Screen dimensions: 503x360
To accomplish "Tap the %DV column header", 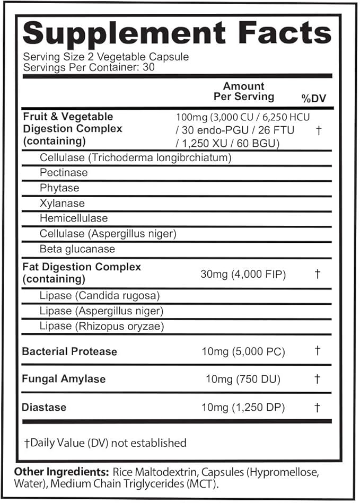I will (314, 99).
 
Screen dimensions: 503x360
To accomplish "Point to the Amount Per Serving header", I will (243, 91).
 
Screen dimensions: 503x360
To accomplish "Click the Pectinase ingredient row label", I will (64, 173).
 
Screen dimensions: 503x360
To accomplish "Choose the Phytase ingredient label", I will (59, 188).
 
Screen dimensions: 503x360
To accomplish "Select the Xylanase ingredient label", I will (62, 204).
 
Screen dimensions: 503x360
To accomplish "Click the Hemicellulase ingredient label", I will (74, 218).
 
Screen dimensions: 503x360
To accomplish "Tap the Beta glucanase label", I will (77, 249).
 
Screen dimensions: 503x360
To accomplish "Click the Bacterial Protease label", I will (69, 351).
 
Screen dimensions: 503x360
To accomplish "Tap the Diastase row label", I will (44, 407).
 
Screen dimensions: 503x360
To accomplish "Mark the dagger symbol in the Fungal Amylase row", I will (317, 379).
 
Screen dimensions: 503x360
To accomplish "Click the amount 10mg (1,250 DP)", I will (243, 407).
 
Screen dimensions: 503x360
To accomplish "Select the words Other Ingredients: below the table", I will (60, 472).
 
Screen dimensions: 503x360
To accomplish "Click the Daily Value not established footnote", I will (105, 443).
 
